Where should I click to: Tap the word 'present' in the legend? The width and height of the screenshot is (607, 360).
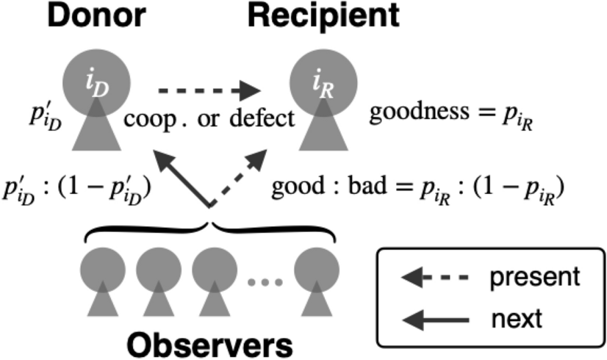click(x=535, y=277)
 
